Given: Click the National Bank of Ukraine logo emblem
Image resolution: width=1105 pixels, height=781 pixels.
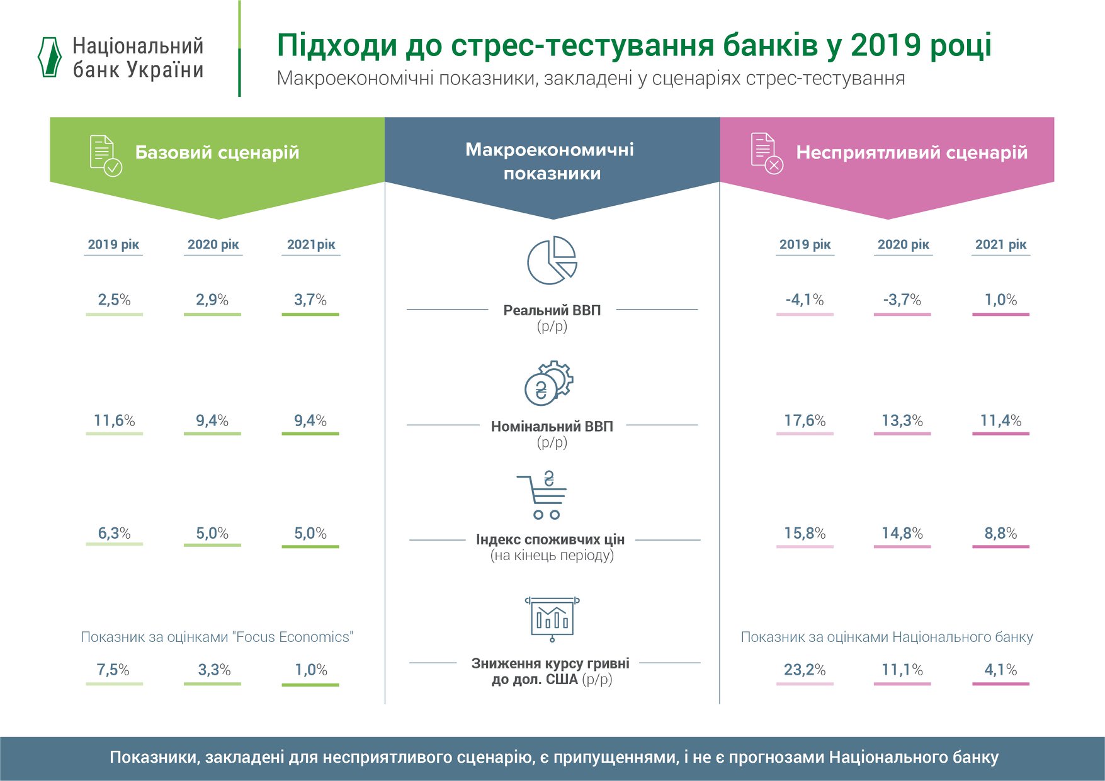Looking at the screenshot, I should point(50,57).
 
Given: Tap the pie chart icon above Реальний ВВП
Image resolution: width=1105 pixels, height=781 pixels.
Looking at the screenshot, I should point(552,261).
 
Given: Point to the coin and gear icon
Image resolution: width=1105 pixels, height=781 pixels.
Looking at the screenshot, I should point(548,383).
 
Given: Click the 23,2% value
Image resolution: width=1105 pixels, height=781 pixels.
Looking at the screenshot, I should point(804,670).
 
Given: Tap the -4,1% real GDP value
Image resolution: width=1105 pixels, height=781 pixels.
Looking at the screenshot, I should point(804,300).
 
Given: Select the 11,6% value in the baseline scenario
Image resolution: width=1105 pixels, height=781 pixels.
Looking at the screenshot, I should point(114,420).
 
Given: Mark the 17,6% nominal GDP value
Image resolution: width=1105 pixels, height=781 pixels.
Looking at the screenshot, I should point(804,420).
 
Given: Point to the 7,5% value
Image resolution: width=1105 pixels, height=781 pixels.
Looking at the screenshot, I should point(113,670).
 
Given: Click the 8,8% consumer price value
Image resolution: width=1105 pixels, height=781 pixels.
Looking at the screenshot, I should point(1000,533).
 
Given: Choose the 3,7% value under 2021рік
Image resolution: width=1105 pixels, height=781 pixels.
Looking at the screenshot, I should point(310,300).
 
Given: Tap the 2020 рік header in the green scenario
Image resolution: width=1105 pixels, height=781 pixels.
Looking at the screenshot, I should point(213,244).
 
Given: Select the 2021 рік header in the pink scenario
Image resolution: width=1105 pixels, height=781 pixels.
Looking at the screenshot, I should point(1000,244).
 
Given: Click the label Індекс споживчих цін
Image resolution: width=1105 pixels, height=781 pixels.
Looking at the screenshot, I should point(550,539).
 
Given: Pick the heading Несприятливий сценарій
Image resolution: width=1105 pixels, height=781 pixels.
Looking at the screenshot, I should point(911,152).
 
